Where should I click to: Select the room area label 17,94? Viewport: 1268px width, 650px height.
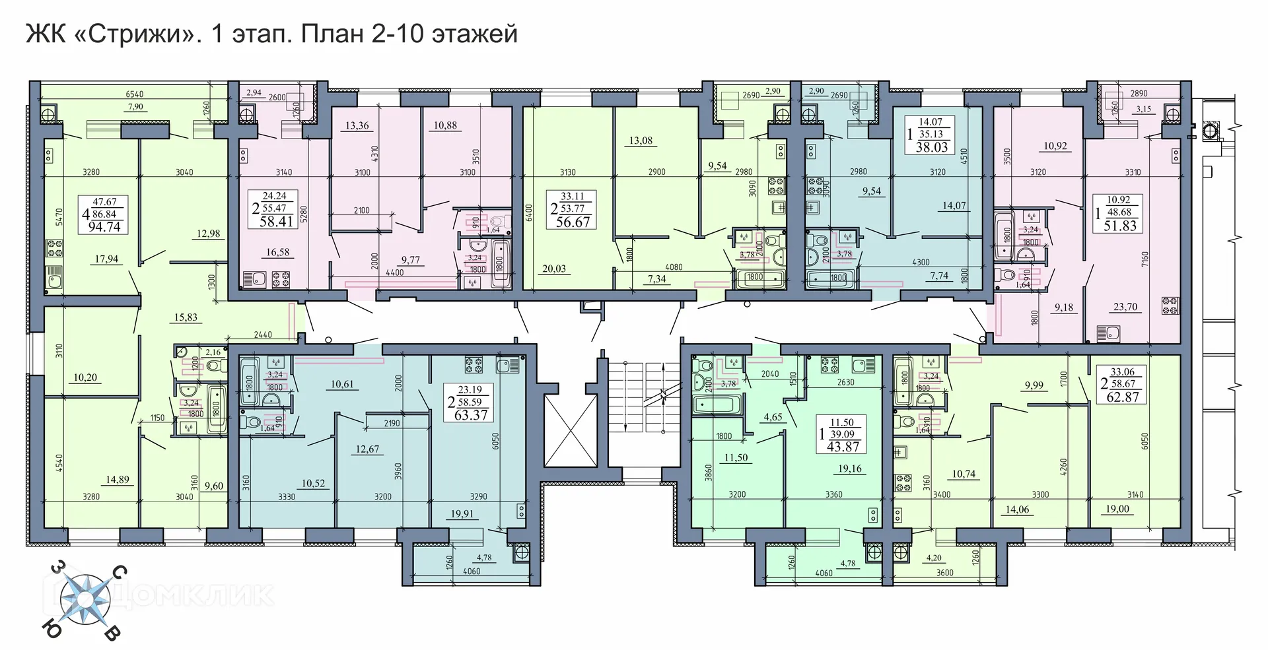106,259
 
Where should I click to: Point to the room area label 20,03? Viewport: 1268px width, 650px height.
555,269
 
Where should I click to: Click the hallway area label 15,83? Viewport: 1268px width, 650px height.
186,317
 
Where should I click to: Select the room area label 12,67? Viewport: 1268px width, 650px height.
367,449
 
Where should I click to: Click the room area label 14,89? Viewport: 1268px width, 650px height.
118,480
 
